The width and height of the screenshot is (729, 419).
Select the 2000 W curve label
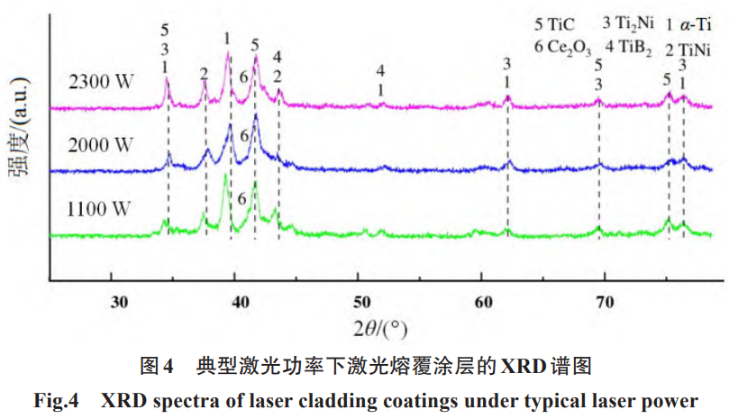click(101, 144)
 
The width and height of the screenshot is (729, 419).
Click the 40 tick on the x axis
click(239, 301)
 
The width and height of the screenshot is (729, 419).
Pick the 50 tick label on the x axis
click(360, 301)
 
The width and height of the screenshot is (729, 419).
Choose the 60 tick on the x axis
click(482, 301)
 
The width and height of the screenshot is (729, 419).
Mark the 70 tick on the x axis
click(605, 301)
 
